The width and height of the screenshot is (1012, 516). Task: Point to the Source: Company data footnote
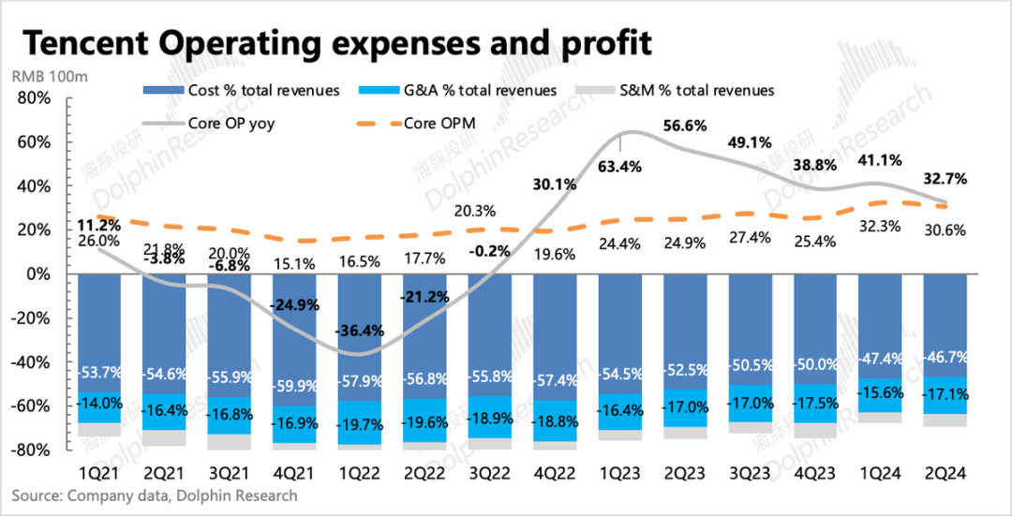(x=155, y=495)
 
